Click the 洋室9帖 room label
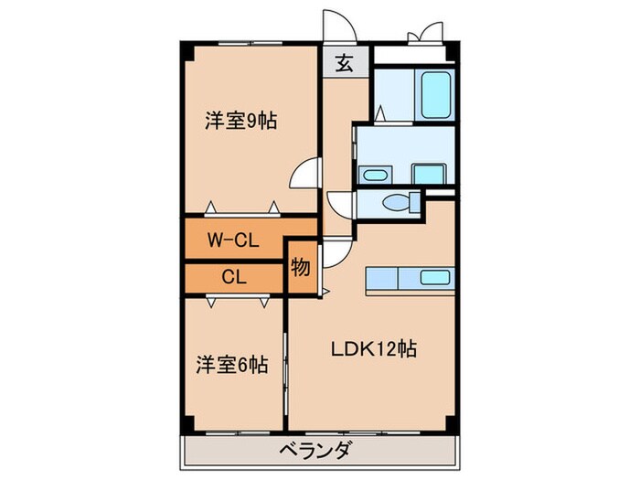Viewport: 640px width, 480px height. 241,119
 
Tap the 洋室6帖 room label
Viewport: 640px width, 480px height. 232,364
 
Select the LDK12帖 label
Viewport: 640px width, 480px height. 375,348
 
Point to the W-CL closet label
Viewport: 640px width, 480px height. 234,240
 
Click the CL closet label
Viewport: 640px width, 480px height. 234,275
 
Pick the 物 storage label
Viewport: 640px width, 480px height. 300,268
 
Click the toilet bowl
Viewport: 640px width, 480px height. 399,202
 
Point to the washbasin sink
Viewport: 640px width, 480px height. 373,174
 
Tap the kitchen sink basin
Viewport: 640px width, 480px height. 432,277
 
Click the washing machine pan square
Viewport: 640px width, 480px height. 427,173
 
